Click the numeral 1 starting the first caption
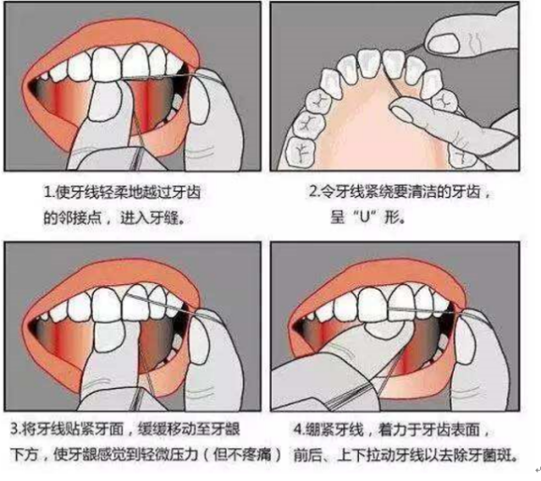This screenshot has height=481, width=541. [47, 192]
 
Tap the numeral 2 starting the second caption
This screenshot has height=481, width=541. [313, 191]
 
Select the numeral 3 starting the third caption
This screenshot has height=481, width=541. [14, 429]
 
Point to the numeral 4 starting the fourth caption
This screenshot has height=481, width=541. [297, 430]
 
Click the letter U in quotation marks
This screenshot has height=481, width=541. [366, 218]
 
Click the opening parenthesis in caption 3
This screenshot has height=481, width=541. [206, 456]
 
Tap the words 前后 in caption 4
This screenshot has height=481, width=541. [308, 456]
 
